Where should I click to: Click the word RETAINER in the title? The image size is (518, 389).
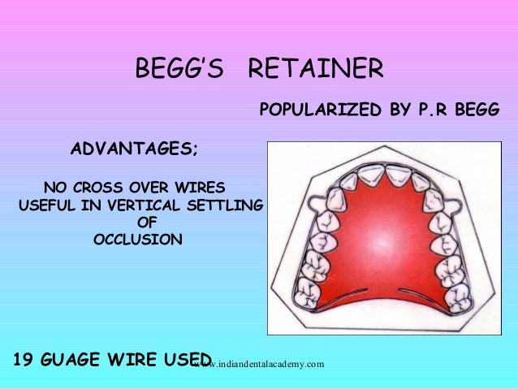click(x=315, y=70)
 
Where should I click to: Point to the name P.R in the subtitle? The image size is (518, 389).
click(x=430, y=108)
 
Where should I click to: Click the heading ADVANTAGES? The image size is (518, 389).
click(x=135, y=149)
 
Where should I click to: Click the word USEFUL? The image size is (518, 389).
click(x=43, y=203)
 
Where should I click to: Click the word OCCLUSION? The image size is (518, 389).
click(x=138, y=240)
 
